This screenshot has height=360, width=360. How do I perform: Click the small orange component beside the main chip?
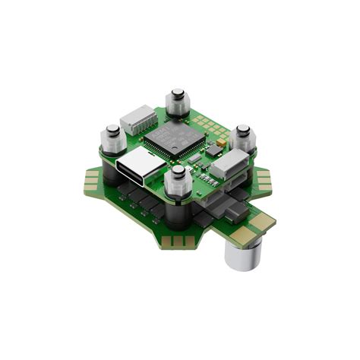(221, 142)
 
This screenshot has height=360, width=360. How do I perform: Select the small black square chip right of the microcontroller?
(196, 156)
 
